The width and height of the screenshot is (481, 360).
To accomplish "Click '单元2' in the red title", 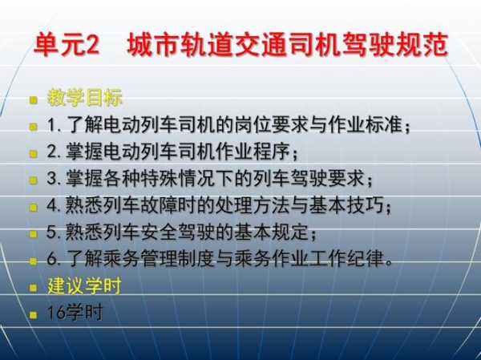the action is click(x=67, y=45).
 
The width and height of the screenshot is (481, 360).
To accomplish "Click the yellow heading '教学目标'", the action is click(x=85, y=98).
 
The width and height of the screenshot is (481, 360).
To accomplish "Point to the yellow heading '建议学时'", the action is click(x=84, y=285).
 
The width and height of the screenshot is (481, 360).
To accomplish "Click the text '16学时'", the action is click(x=75, y=313).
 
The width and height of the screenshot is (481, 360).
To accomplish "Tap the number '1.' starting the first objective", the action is click(x=54, y=125).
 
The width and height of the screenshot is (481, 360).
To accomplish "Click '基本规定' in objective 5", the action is click(x=271, y=232).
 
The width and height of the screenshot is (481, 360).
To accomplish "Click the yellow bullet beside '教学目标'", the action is click(x=33, y=100).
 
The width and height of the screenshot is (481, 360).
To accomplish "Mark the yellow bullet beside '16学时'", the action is click(x=33, y=314).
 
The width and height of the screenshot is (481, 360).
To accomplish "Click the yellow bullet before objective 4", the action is click(x=33, y=208).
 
